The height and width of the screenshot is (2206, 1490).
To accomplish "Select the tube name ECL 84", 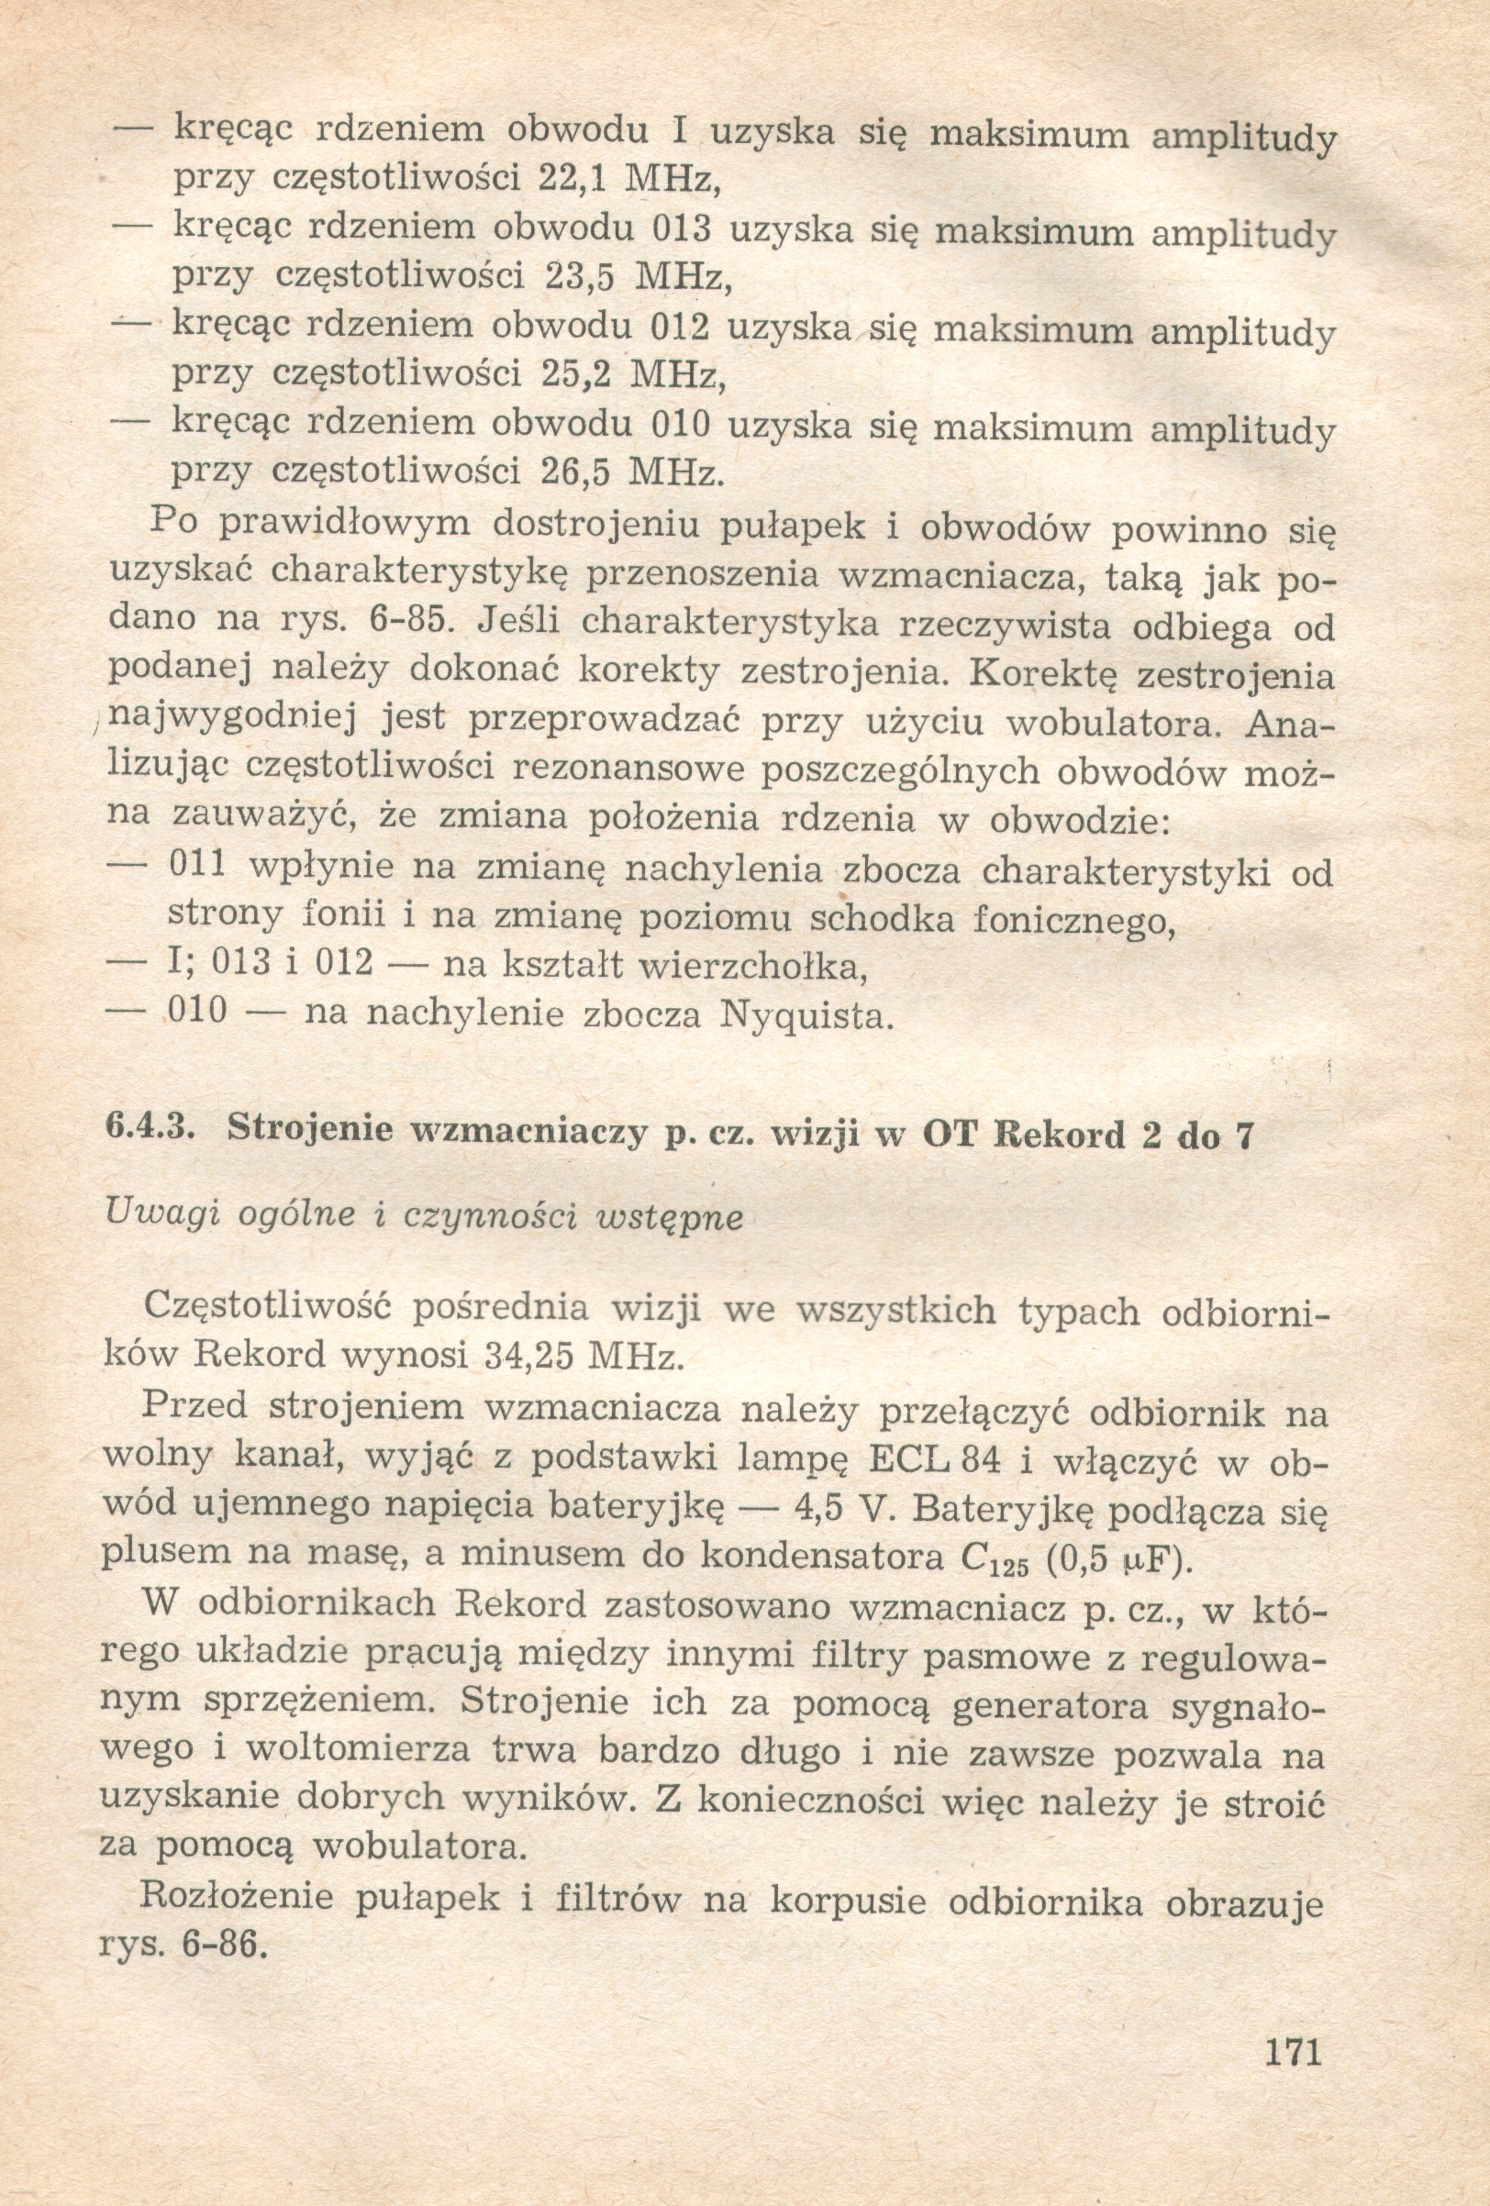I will (934, 1462).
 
